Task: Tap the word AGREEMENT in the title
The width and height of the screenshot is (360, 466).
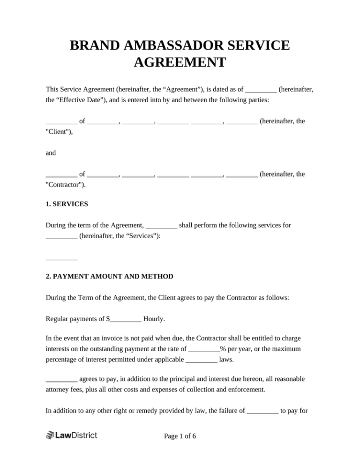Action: click(x=180, y=62)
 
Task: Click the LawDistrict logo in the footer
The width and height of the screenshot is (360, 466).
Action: click(x=72, y=436)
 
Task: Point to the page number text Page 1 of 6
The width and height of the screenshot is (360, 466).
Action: click(x=180, y=436)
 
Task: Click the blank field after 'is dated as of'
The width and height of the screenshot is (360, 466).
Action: click(x=261, y=89)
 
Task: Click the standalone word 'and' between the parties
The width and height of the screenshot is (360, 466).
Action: click(x=51, y=152)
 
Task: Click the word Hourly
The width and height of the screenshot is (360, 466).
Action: click(x=154, y=319)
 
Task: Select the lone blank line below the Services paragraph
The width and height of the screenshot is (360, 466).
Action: click(x=61, y=258)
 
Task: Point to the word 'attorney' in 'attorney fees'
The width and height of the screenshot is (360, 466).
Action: click(x=59, y=389)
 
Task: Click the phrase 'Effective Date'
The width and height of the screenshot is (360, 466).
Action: click(x=81, y=99)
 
